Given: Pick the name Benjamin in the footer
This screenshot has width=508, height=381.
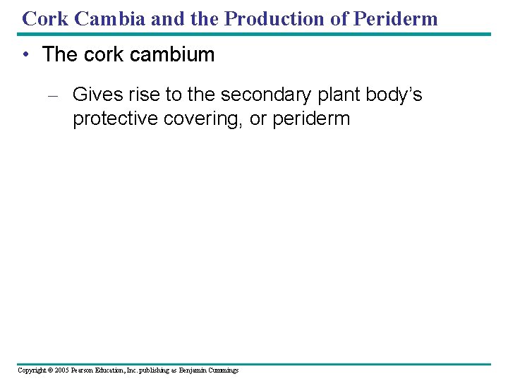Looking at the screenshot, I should click(194, 370).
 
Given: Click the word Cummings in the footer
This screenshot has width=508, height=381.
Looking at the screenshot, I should click(224, 370).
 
